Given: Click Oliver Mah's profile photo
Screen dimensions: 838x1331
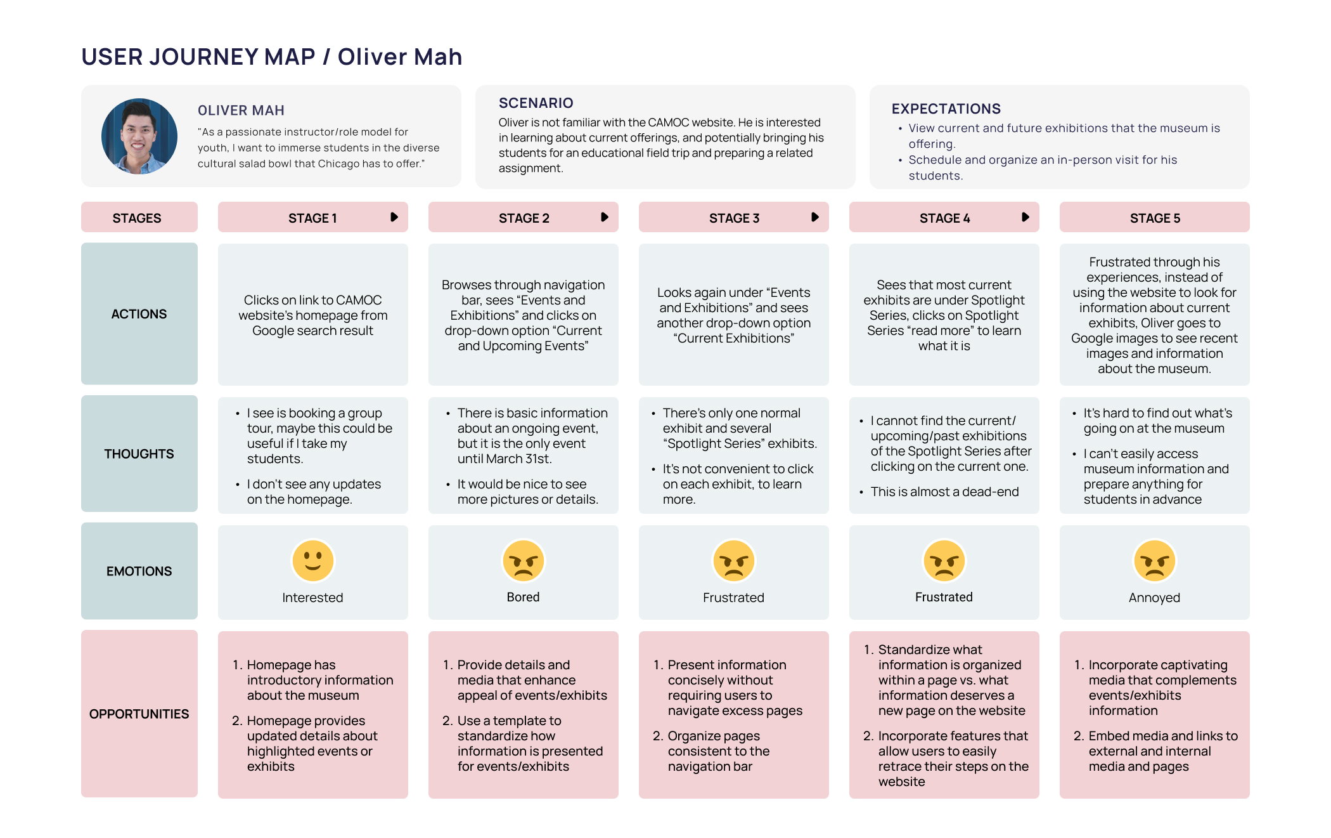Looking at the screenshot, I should click(139, 136).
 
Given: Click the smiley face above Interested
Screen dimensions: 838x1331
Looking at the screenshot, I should click(312, 561).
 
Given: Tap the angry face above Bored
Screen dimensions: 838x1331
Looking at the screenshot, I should click(523, 561).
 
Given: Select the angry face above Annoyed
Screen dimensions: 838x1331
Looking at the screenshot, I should click(1154, 561).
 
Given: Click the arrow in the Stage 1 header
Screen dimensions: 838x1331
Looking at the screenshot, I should click(394, 218).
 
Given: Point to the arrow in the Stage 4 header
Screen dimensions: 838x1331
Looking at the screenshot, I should click(1025, 218).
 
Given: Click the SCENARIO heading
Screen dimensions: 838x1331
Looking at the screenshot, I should click(536, 103).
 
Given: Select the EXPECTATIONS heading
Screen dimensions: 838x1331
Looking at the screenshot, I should click(946, 108).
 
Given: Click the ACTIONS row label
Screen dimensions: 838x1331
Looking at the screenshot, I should click(139, 314).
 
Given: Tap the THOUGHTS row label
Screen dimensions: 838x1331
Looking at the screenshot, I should click(139, 454).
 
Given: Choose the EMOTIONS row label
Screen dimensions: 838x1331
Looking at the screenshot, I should click(139, 571).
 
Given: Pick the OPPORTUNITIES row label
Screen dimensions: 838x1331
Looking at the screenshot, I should click(139, 714).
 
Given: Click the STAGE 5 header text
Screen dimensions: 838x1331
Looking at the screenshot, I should click(1154, 218).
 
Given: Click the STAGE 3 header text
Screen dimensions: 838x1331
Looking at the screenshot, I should click(733, 218).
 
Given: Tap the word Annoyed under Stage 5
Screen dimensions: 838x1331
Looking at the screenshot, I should click(1154, 598).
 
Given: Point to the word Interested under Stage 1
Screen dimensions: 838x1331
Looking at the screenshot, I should click(312, 598).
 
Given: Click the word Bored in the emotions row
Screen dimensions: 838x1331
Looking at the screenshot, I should click(523, 597).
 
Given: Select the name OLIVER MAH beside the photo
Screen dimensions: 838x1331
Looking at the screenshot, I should click(241, 110).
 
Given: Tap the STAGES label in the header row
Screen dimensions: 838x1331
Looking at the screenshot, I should click(136, 218).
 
